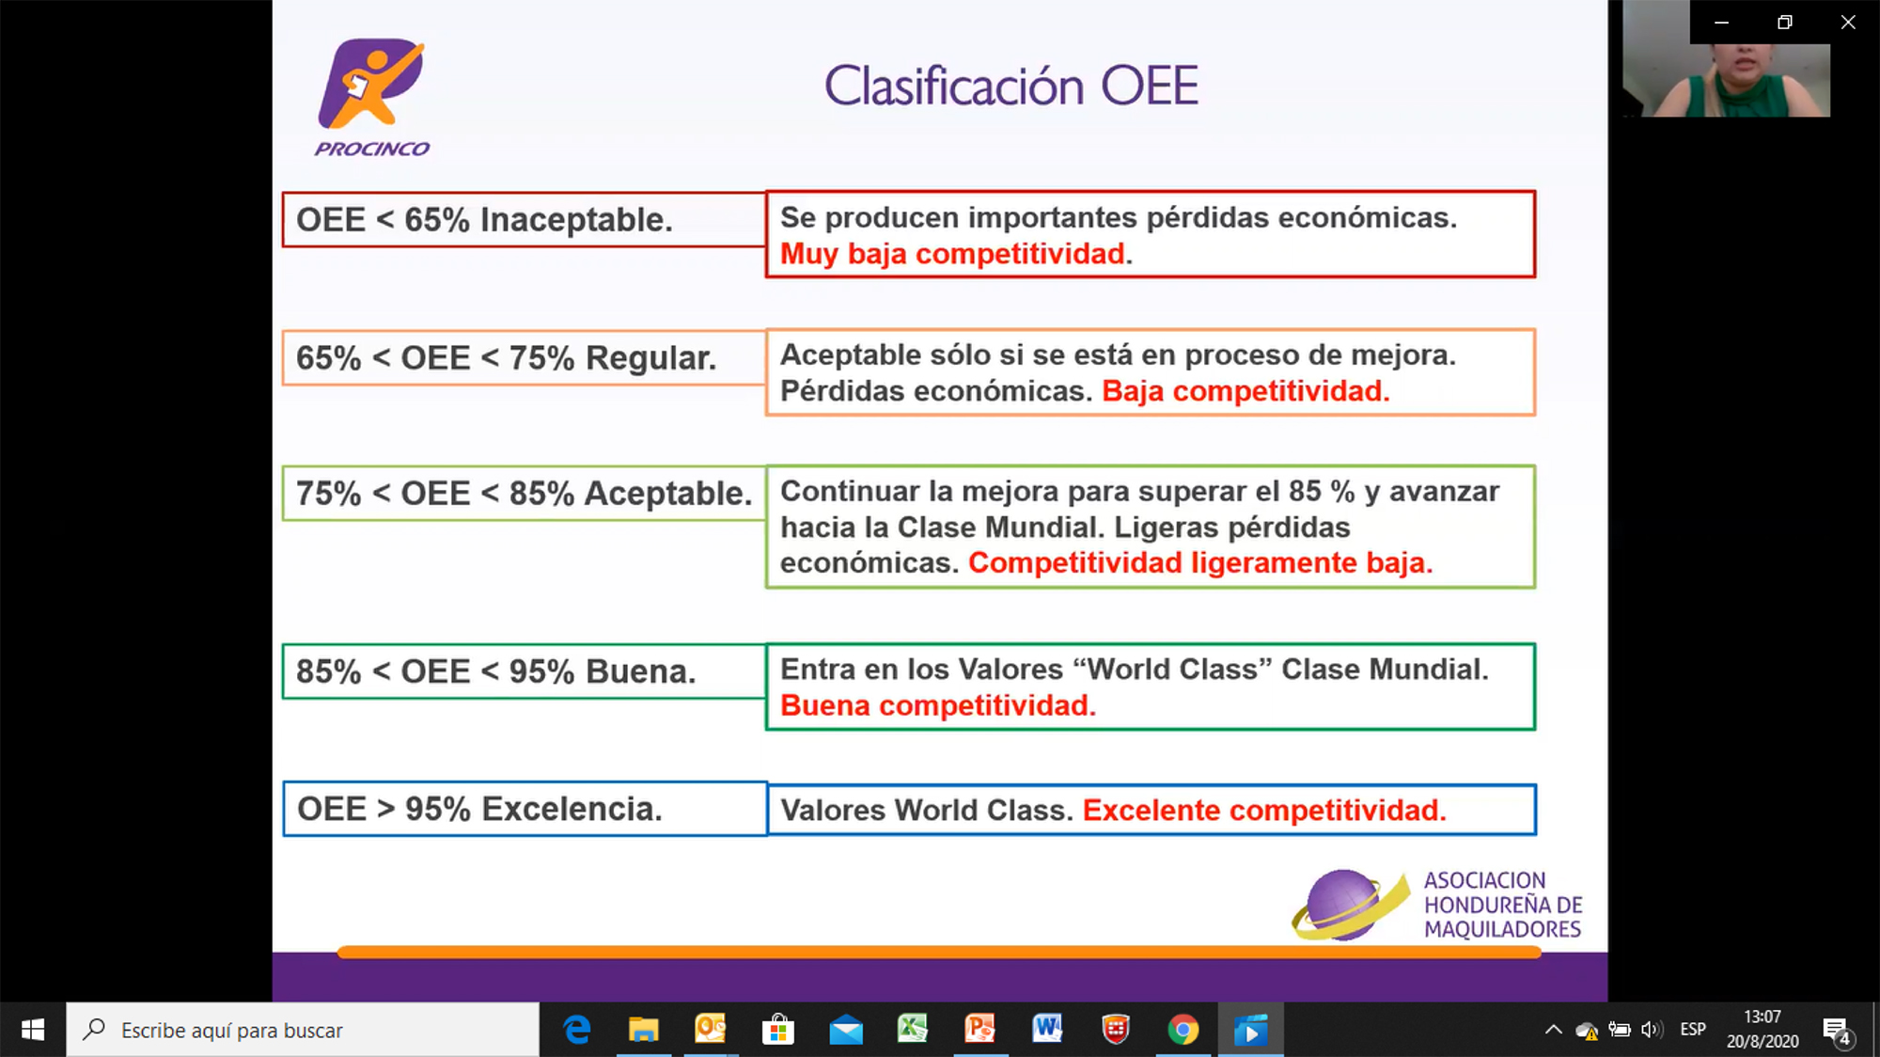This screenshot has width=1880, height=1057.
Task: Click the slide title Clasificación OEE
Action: pos(1011,86)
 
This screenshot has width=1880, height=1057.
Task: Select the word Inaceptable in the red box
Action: pos(576,220)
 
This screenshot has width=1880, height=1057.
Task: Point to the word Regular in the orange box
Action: pos(650,358)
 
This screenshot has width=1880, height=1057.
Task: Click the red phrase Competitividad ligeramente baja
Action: pos(1200,562)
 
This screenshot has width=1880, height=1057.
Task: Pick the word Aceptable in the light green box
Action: pos(668,494)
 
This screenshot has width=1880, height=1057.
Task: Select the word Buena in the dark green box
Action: pos(640,671)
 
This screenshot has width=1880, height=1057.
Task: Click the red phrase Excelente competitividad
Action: pos(1264,810)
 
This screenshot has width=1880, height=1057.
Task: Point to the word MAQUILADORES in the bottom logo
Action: pos(1502,929)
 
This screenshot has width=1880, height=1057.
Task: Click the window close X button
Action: pos(1848,23)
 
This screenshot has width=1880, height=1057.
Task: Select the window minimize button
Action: pos(1721,23)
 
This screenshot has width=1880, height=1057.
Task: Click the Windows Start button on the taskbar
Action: pos(33,1030)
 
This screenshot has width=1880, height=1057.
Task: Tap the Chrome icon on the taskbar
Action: pos(1183,1030)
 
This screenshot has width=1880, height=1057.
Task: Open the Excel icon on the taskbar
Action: pos(912,1029)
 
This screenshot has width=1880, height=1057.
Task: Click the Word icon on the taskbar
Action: pos(1047,1029)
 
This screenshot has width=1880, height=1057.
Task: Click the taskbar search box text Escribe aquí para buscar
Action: pos(232,1031)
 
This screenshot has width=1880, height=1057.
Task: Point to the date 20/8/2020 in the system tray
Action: pos(1762,1041)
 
